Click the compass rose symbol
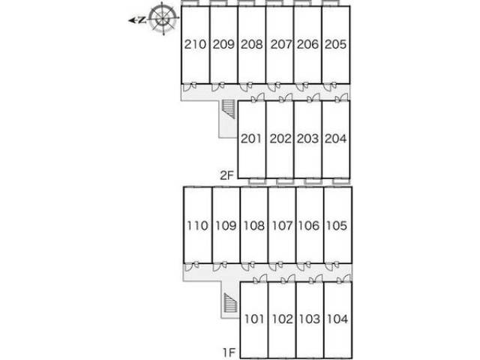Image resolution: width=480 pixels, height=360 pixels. point(163,18)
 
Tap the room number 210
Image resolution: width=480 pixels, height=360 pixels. point(195,44)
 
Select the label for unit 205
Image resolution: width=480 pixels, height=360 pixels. point(335,44)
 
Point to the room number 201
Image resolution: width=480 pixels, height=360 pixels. point(251,139)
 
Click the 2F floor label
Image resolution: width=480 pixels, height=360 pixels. point(226,175)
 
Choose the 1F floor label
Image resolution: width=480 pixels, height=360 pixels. point(229,352)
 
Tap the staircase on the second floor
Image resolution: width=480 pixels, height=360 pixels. point(229,109)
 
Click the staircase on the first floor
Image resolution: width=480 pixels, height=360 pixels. point(231,303)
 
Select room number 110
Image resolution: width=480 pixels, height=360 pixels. point(197,226)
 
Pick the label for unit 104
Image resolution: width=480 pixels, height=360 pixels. point(337,319)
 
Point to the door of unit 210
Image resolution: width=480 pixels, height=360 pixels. point(190,87)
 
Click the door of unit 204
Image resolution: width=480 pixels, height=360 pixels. point(342,97)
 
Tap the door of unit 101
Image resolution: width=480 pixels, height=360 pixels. point(260,279)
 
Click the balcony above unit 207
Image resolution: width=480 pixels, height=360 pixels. point(274,3)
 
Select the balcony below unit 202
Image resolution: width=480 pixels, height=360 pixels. point(285,181)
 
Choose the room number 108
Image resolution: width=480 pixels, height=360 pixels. point(253,226)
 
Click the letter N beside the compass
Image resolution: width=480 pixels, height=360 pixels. point(142,20)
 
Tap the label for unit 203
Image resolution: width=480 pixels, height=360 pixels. point(307,139)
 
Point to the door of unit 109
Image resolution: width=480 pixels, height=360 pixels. point(220,266)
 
